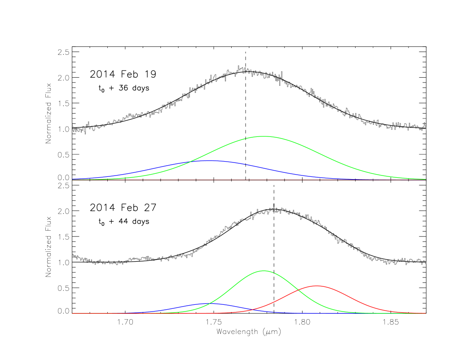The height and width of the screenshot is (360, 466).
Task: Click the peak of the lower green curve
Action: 264,271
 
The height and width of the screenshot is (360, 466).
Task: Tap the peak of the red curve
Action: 317,285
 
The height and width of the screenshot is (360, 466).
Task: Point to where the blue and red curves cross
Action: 251,309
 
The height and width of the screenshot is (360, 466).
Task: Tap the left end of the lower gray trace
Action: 72,255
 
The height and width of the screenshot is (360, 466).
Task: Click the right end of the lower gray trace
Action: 426,262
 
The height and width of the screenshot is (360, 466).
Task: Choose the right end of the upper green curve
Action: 426,179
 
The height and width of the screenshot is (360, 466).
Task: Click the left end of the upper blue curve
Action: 72,179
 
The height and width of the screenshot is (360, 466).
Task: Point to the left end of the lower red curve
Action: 72,313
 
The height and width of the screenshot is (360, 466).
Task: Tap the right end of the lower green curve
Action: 426,313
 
